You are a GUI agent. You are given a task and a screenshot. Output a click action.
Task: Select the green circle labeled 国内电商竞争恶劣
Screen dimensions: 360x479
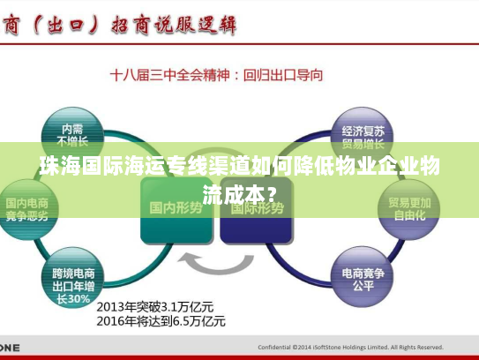26,210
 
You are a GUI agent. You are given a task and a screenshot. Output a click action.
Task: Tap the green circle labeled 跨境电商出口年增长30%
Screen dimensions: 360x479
72,280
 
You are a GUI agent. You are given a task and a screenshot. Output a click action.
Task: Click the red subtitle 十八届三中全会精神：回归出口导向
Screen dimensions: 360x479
216,76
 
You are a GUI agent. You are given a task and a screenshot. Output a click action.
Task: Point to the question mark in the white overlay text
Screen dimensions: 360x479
276,191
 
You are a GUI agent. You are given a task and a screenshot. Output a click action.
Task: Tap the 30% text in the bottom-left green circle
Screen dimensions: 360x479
80,298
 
